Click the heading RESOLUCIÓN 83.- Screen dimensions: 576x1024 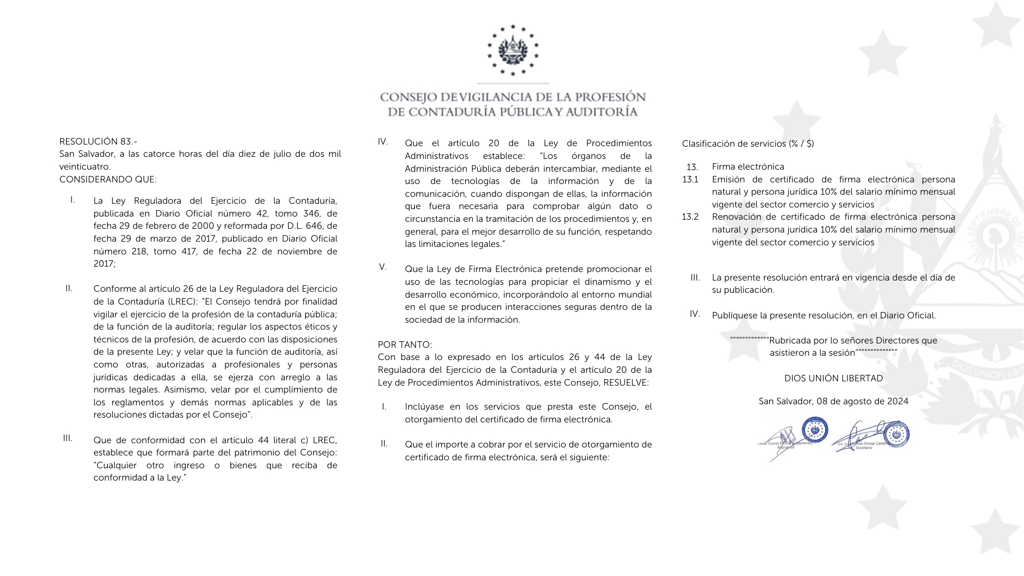[x=98, y=141]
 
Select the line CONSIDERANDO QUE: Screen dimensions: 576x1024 [x=108, y=179]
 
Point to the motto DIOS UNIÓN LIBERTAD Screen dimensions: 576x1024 [x=833, y=378]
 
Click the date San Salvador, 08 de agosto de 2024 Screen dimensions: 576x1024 [x=833, y=401]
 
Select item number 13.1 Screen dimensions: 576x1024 [x=690, y=179]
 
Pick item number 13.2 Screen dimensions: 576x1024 [x=690, y=217]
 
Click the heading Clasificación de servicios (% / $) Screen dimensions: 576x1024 [x=748, y=143]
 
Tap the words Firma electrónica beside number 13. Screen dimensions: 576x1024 [x=748, y=166]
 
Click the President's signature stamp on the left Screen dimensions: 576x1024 [x=815, y=430]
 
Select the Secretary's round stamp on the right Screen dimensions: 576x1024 [x=896, y=434]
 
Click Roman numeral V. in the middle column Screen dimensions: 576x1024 [x=383, y=267]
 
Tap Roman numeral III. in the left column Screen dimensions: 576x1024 [x=68, y=438]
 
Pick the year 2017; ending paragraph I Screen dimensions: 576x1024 [x=104, y=263]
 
